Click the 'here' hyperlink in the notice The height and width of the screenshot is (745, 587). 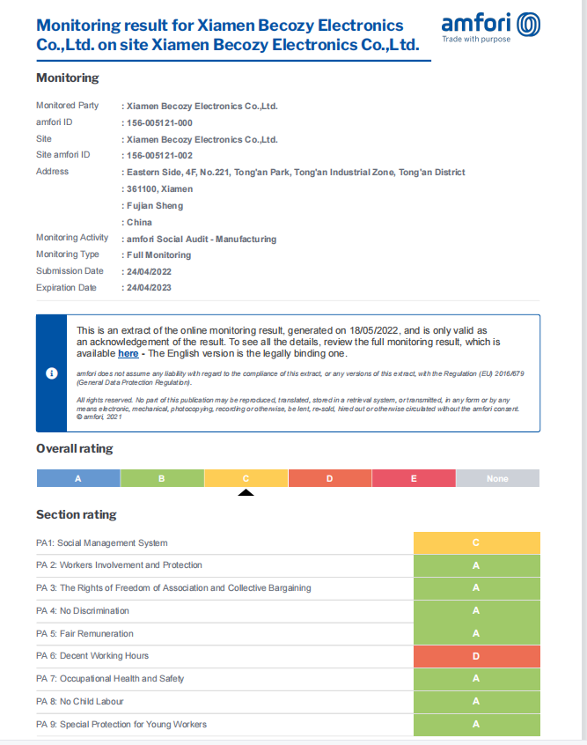[128, 353]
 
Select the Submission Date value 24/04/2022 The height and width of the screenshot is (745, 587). [147, 271]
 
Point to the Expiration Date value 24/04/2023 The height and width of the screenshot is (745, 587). [147, 288]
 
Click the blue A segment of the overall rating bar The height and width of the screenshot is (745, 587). [78, 478]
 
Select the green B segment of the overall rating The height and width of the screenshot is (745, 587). [162, 478]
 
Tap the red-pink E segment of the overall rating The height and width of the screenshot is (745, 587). [414, 478]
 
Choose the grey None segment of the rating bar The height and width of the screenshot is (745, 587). [497, 478]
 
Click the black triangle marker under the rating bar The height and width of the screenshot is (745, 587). [246, 492]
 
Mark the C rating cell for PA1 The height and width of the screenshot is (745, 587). [476, 542]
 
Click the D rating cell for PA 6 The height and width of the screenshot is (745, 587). [476, 656]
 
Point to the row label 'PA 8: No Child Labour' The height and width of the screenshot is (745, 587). [79, 701]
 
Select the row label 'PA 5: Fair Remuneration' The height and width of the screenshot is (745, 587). [84, 633]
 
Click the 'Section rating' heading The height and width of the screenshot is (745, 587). [76, 514]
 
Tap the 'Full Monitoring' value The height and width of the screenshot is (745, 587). [158, 254]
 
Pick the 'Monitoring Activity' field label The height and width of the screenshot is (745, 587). [72, 238]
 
